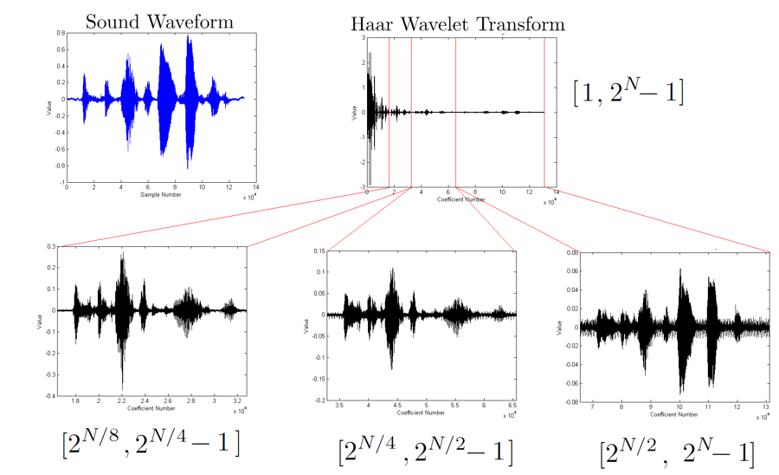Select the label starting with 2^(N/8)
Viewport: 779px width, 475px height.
151,442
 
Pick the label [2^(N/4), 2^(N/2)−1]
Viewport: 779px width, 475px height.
425,451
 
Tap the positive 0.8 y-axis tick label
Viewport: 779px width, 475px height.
60,32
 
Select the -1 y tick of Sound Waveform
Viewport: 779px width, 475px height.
61,183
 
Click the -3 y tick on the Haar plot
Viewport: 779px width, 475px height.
361,187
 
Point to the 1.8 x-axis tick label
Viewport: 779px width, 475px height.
76,402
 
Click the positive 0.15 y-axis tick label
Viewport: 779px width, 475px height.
318,251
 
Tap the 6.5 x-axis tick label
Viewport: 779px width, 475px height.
512,406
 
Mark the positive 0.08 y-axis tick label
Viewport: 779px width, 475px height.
572,253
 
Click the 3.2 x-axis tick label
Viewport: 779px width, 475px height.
239,402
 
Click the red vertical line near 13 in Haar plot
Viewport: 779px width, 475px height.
544,113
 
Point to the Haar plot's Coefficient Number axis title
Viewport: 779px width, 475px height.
461,199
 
